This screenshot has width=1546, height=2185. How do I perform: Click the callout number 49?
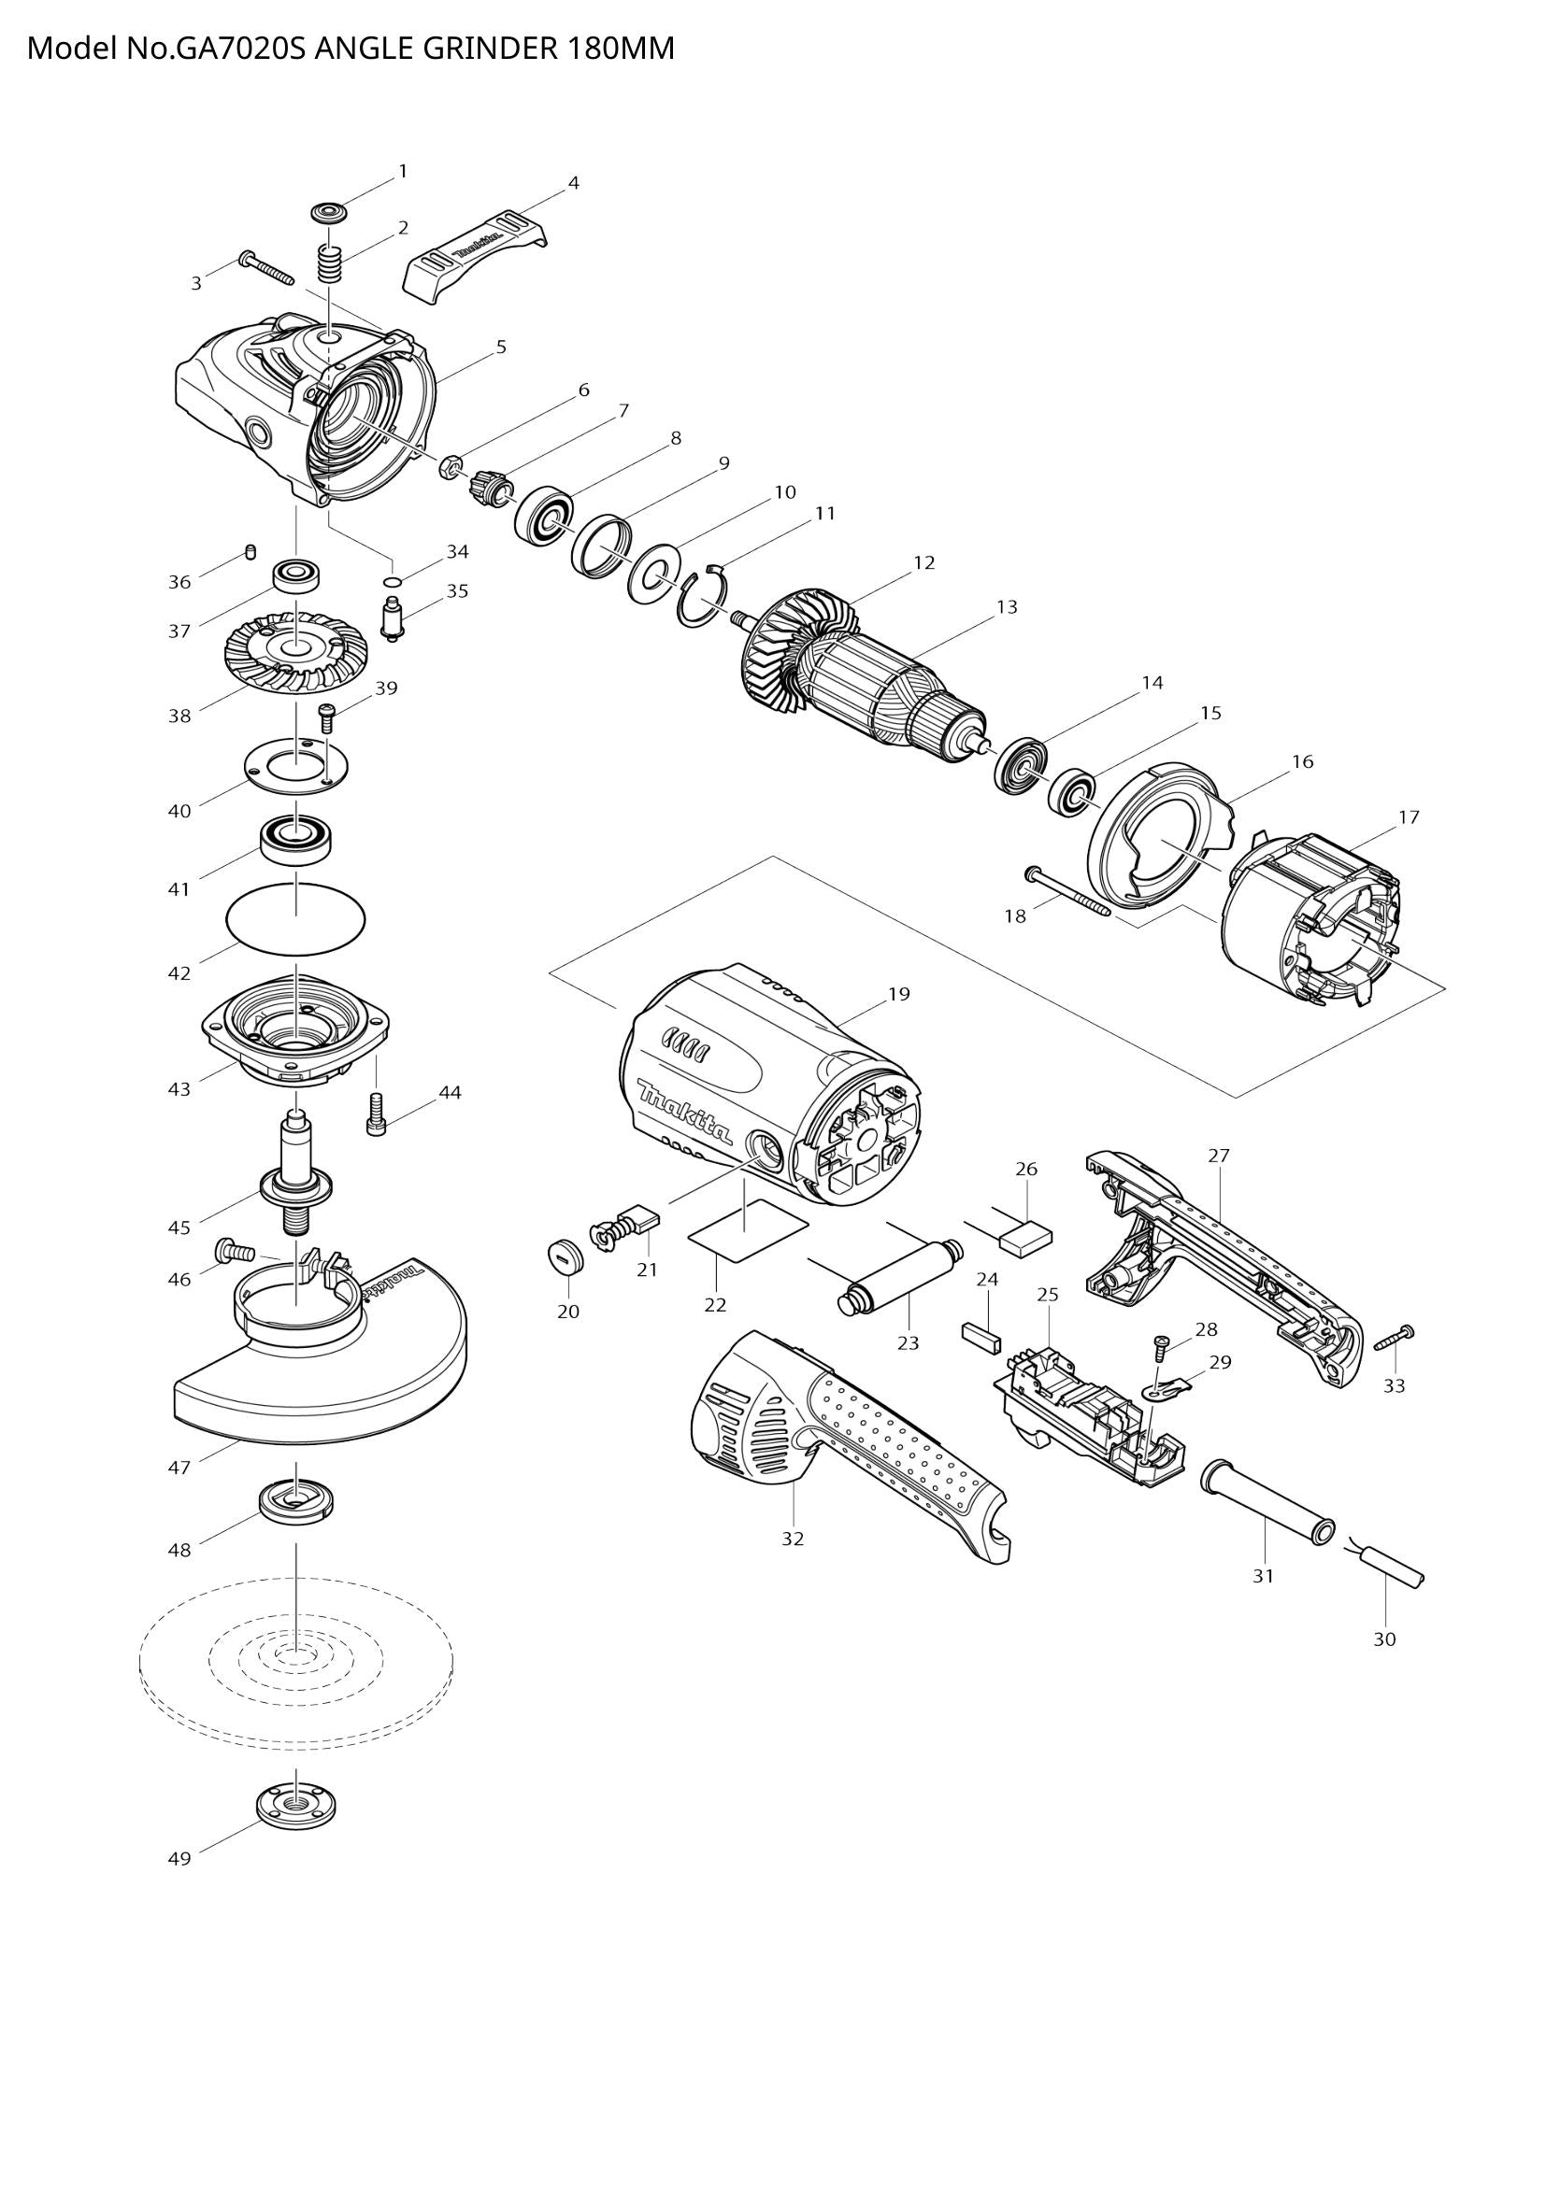click(179, 1859)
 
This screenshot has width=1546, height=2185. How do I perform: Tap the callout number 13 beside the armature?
click(1008, 606)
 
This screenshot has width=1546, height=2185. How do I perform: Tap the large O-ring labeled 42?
click(296, 916)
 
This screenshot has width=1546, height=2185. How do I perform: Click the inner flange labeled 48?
click(296, 1502)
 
